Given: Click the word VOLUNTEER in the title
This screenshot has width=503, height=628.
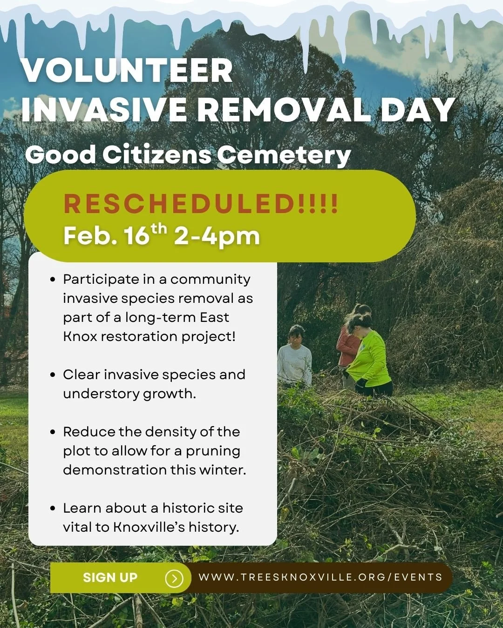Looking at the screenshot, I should [127, 71].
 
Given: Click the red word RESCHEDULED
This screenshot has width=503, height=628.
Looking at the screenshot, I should [180, 204].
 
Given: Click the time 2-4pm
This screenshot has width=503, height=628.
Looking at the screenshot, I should [217, 236].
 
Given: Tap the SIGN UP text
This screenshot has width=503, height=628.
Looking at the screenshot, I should [110, 578].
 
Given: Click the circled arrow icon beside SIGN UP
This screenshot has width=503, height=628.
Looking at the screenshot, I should [174, 578].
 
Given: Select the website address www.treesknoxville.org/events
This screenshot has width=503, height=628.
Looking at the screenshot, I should [320, 577].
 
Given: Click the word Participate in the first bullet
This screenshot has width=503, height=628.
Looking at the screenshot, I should [101, 280].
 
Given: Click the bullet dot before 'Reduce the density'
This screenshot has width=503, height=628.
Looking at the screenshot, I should [53, 432].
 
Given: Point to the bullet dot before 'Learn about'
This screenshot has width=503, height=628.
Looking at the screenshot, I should [53, 508].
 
